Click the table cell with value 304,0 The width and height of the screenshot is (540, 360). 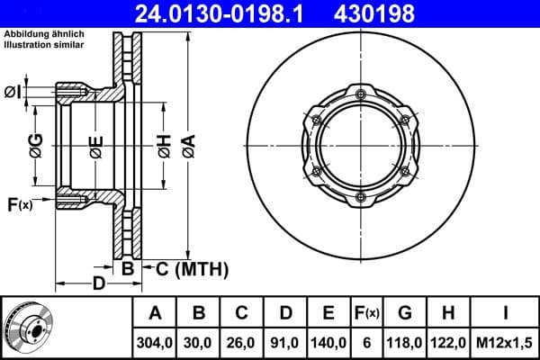pos(156,342)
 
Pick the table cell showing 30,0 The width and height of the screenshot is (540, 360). pos(200,342)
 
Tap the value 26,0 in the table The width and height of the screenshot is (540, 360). pos(242,342)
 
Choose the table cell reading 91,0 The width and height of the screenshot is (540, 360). pos(285,342)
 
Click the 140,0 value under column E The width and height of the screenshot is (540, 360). pos(328,342)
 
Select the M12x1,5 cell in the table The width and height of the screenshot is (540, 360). pos(505,342)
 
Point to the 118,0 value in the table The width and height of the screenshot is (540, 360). pos(405,342)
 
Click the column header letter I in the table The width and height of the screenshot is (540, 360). pos(505,312)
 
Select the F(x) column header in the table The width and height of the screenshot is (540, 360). pos(366,312)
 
